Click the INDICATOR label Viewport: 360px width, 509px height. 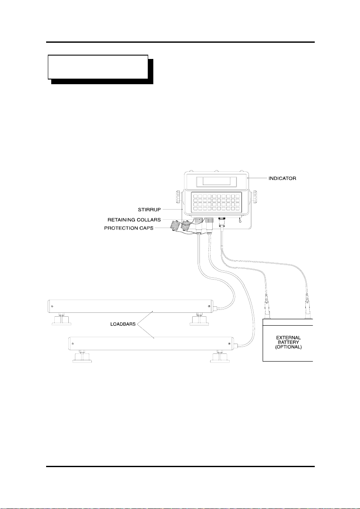point(282,178)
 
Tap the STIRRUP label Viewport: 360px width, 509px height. point(149,210)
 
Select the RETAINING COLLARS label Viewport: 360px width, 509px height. point(134,220)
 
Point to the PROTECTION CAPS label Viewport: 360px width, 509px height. point(129,228)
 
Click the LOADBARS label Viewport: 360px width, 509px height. point(123,324)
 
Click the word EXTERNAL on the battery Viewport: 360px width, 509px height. point(288,338)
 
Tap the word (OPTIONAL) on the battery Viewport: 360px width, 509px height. point(288,347)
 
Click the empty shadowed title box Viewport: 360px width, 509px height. point(98,67)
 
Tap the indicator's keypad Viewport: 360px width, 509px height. point(217,202)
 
